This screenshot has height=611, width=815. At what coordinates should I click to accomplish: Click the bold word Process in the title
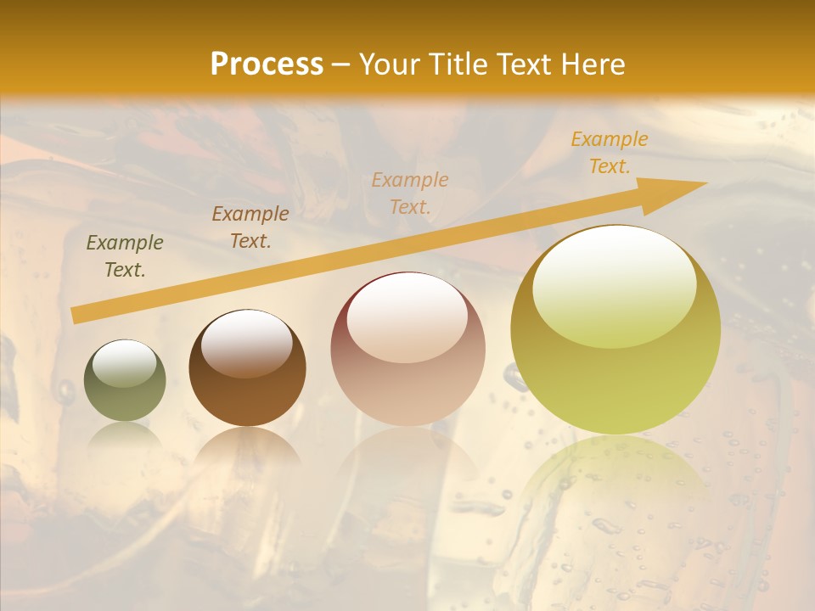pyautogui.click(x=267, y=64)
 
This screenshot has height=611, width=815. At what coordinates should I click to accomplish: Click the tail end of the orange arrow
pyautogui.click(x=76, y=315)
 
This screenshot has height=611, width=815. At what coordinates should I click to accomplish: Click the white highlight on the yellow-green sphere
pyautogui.click(x=615, y=284)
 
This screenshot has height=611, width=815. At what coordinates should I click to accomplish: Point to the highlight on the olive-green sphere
pyautogui.click(x=125, y=363)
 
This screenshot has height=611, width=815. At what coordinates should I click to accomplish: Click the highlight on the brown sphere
pyautogui.click(x=247, y=342)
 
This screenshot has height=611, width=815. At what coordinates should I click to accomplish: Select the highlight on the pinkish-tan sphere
pyautogui.click(x=407, y=317)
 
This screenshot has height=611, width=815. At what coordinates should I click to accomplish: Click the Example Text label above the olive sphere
pyautogui.click(x=125, y=256)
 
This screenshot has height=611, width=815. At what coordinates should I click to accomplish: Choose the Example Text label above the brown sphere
pyautogui.click(x=250, y=227)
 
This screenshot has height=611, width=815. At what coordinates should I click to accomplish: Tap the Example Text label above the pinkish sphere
pyautogui.click(x=410, y=193)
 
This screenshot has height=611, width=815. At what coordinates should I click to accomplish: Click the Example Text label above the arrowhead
pyautogui.click(x=609, y=153)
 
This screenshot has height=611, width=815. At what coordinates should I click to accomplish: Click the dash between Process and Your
pyautogui.click(x=341, y=64)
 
